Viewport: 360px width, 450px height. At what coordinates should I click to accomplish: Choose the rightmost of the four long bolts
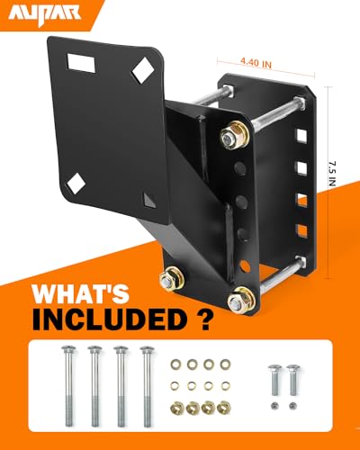[145, 382]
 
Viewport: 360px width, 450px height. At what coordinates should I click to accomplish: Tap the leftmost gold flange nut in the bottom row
[175, 406]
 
